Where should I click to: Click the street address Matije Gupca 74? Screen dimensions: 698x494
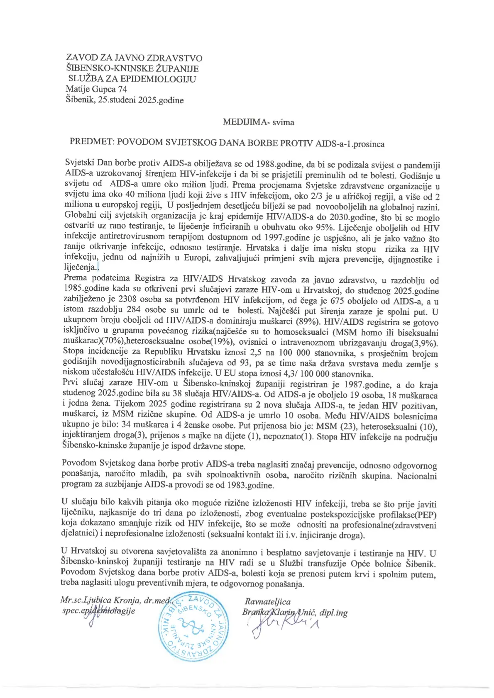click(x=96, y=89)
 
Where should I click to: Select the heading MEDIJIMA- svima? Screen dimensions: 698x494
click(x=258, y=122)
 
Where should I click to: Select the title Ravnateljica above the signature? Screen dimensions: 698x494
click(x=267, y=602)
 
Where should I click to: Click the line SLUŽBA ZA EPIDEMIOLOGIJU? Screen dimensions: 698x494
click(x=132, y=79)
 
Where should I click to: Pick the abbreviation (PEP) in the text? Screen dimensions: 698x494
click(x=425, y=515)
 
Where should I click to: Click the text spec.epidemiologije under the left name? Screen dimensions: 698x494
click(x=98, y=611)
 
